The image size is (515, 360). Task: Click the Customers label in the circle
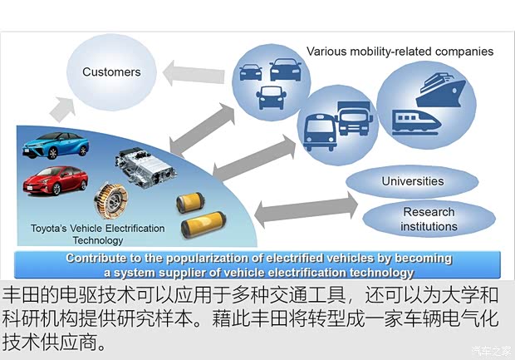(x=111, y=72)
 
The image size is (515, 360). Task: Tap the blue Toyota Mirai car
(x=56, y=145)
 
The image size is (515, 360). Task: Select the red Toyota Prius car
(x=56, y=180)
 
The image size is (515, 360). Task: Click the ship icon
(x=441, y=90)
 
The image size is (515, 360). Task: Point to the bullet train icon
(x=416, y=122)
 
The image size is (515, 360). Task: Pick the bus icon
(x=320, y=132)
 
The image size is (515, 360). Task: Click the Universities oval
(x=412, y=181)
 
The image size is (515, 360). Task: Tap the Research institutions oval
(x=429, y=219)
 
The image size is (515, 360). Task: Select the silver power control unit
(x=145, y=167)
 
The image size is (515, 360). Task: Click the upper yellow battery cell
(x=190, y=202)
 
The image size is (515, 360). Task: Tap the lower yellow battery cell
(x=204, y=224)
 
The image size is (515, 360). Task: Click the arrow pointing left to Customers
(x=194, y=73)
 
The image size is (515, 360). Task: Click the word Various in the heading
(x=326, y=52)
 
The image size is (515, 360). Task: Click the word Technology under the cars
(x=98, y=240)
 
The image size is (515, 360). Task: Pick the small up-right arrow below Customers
(x=62, y=109)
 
